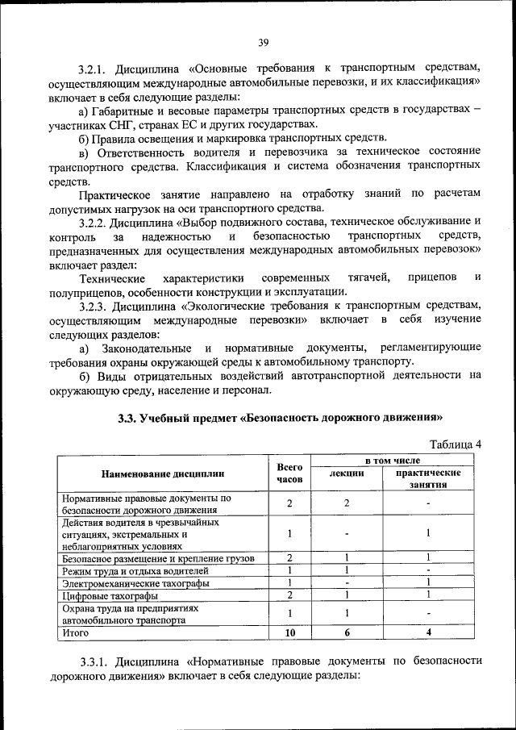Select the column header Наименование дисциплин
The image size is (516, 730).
click(x=163, y=473)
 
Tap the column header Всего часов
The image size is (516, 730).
click(x=289, y=473)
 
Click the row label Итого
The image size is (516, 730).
click(x=75, y=633)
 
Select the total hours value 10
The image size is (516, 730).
click(x=289, y=633)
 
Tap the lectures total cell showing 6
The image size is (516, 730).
click(x=346, y=633)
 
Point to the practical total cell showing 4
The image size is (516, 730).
click(x=428, y=633)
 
